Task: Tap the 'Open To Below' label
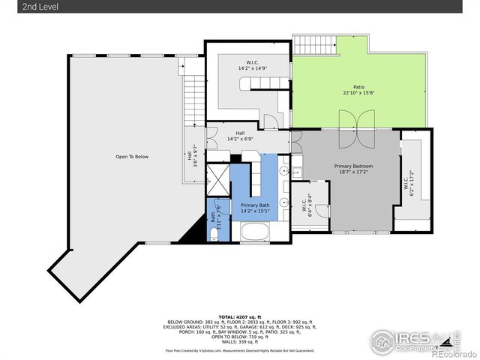[131, 156]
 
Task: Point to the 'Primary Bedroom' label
[353, 166]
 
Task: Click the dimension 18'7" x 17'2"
[353, 172]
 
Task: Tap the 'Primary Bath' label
[255, 205]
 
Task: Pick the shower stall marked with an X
[217, 180]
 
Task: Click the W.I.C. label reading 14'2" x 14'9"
[253, 65]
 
